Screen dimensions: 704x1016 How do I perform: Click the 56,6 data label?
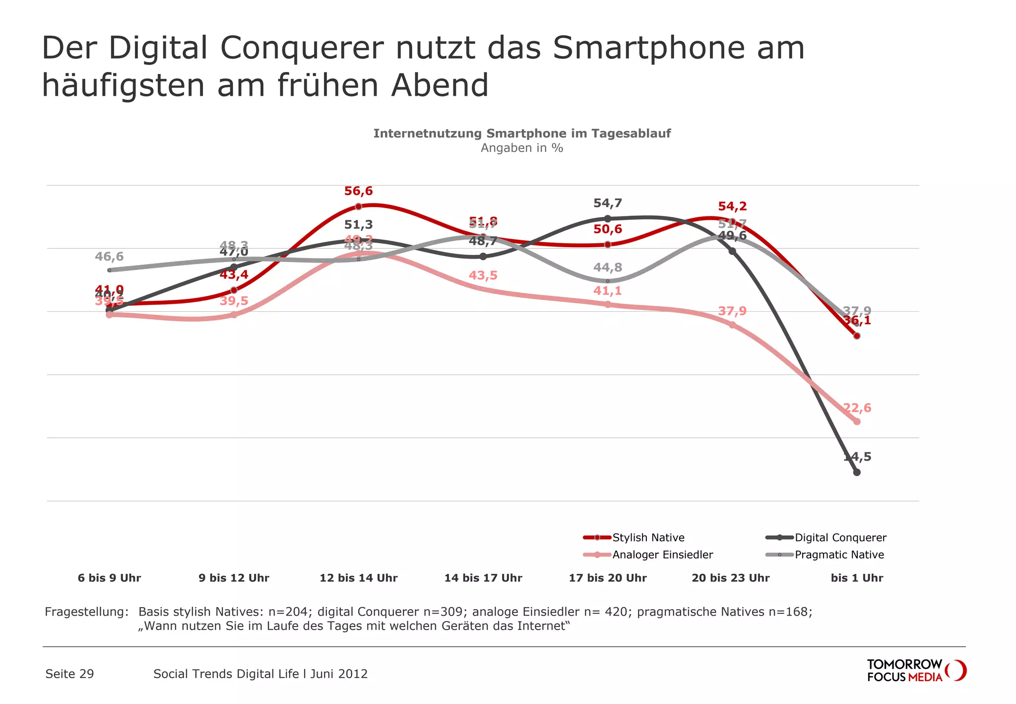pyautogui.click(x=358, y=191)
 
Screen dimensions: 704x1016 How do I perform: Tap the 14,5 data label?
pyautogui.click(x=857, y=457)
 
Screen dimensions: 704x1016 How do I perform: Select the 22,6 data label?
pyautogui.click(x=857, y=408)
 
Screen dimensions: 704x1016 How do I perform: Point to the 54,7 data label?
pyautogui.click(x=608, y=203)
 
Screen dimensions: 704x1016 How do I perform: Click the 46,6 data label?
pyautogui.click(x=109, y=257)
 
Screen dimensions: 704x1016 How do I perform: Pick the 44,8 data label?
pyautogui.click(x=608, y=268)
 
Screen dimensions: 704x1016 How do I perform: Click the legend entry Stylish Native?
pyautogui.click(x=648, y=538)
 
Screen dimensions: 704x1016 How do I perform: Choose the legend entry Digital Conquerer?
pyautogui.click(x=840, y=538)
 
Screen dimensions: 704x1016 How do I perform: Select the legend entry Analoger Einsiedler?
pyautogui.click(x=662, y=555)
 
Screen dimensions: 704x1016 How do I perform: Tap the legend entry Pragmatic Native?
pyautogui.click(x=839, y=555)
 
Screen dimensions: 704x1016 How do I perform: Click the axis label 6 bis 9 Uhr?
pyautogui.click(x=109, y=578)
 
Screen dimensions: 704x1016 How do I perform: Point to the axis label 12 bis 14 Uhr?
pyautogui.click(x=358, y=578)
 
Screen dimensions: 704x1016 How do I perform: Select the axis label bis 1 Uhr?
pyautogui.click(x=857, y=578)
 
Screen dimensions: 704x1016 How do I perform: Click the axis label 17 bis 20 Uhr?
pyautogui.click(x=608, y=578)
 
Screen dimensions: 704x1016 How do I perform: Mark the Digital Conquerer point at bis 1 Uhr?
pyautogui.click(x=857, y=472)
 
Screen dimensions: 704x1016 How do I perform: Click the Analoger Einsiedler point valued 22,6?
pyautogui.click(x=857, y=422)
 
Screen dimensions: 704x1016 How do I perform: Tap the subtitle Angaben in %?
pyautogui.click(x=522, y=148)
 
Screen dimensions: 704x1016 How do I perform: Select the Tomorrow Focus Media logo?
pyautogui.click(x=916, y=670)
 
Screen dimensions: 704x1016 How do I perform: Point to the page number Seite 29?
pyautogui.click(x=69, y=674)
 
